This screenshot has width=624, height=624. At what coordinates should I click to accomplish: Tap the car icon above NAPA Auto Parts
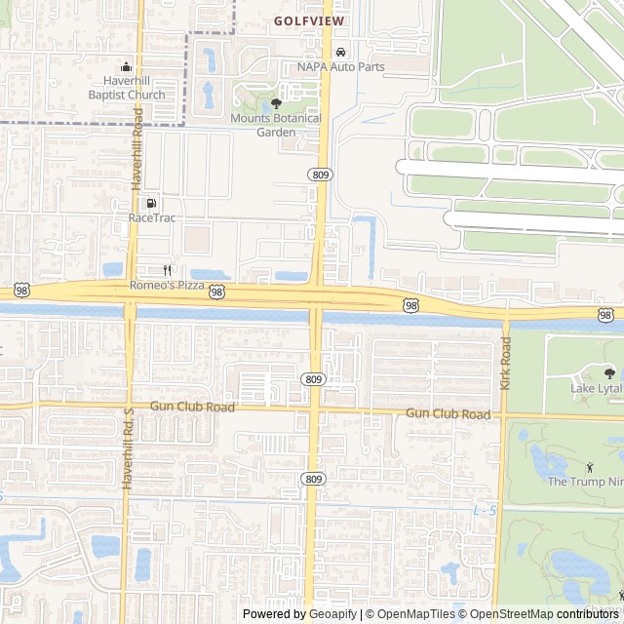[x=340, y=52]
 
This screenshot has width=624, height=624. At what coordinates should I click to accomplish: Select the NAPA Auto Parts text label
[x=340, y=67]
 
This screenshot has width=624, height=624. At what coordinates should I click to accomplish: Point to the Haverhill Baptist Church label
[x=127, y=88]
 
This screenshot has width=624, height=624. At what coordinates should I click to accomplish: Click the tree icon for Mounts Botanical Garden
[x=276, y=103]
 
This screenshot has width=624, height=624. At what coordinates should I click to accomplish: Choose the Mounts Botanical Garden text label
[x=276, y=125]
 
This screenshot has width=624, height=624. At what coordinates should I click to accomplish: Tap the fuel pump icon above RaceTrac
[x=151, y=203]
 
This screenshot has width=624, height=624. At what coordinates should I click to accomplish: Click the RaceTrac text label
[x=152, y=217]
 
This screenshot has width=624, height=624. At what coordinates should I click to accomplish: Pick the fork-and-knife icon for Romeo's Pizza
[x=168, y=270]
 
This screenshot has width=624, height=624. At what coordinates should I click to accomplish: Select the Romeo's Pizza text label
[x=168, y=286]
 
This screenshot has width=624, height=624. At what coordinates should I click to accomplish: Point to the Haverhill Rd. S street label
[x=127, y=448]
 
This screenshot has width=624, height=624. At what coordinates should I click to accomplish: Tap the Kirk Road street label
[x=505, y=364]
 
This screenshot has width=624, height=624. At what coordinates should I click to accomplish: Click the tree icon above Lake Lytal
[x=609, y=373]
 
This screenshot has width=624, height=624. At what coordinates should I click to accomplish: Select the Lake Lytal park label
[x=596, y=389]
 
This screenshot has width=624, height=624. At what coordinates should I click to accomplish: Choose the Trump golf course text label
[x=585, y=482]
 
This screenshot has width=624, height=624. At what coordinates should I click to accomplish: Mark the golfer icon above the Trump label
[x=589, y=467]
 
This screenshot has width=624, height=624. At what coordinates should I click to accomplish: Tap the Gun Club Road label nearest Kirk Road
[x=448, y=414]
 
